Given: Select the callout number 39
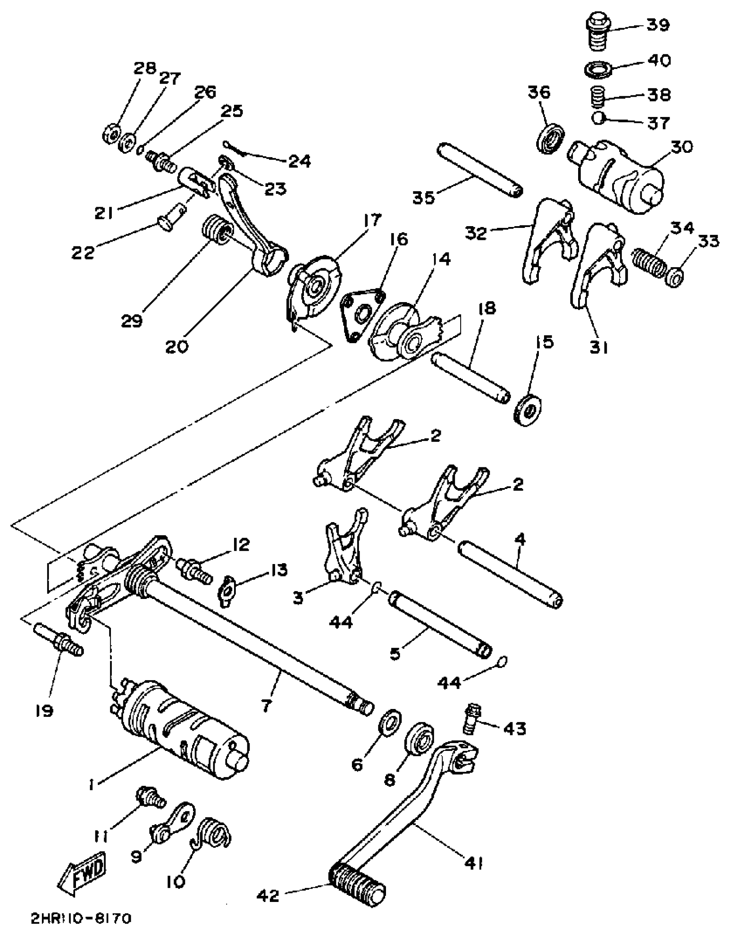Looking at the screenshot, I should pyautogui.click(x=658, y=25).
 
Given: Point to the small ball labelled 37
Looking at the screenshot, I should pyautogui.click(x=598, y=118).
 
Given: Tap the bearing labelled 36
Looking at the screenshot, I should pyautogui.click(x=551, y=138).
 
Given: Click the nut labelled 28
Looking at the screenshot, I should pyautogui.click(x=111, y=134).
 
